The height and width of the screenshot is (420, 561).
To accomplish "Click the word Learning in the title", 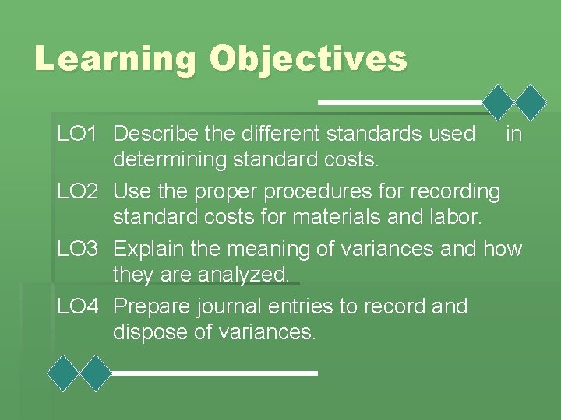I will click(115, 59).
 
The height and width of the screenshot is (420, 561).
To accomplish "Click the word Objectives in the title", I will click(309, 59).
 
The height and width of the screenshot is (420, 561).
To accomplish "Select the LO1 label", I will click(77, 134).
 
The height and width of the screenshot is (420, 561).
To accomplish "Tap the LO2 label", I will click(77, 191).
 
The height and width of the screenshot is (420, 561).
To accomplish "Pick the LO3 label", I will click(77, 249).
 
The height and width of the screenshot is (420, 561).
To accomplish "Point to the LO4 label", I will click(77, 306).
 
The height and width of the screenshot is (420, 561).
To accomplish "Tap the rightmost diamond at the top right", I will click(532, 102).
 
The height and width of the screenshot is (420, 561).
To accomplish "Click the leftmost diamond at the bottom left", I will click(64, 373).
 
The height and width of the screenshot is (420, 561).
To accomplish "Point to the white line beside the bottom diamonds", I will click(215, 373).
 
